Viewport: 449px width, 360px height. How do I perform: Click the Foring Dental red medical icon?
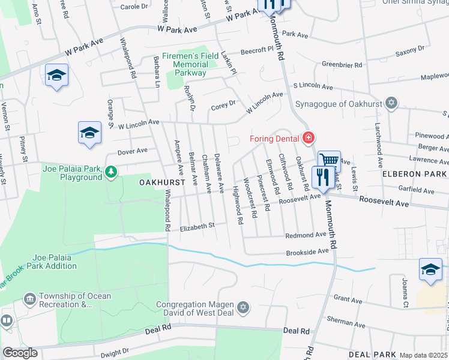(309, 138)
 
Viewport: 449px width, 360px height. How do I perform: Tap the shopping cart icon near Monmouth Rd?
(328, 160)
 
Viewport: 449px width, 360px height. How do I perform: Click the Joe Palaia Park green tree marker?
(110, 173)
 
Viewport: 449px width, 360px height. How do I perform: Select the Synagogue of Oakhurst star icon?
(391, 103)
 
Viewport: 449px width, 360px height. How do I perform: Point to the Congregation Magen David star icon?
(243, 308)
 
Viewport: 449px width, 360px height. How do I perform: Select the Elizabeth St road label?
(197, 226)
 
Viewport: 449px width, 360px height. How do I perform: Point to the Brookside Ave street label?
(307, 252)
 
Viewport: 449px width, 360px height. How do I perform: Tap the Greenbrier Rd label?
(342, 64)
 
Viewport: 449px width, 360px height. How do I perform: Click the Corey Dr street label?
(223, 106)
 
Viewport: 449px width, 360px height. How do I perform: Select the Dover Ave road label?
(133, 151)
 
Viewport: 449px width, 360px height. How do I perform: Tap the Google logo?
(20, 353)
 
